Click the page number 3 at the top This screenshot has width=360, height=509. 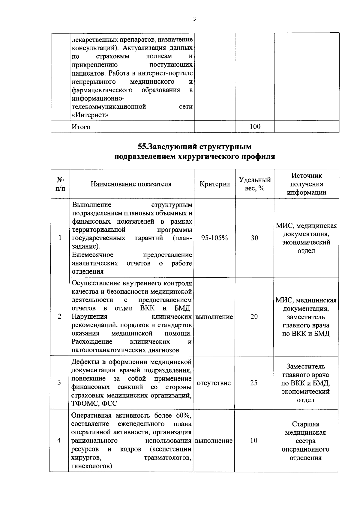click(194, 19)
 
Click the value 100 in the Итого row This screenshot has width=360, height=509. click(255, 126)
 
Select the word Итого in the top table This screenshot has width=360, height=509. click(81, 127)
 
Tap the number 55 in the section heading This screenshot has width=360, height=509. click(141, 147)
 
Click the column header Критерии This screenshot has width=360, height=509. click(215, 184)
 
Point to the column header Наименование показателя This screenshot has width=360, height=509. click(131, 184)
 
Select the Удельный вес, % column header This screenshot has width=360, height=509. click(255, 184)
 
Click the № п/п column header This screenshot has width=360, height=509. click(60, 184)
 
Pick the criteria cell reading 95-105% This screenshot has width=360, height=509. click(214, 238)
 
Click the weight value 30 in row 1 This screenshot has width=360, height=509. click(254, 238)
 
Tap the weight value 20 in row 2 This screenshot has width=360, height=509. click(254, 317)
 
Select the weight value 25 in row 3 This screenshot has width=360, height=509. click(254, 382)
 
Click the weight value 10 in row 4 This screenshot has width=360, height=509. click(254, 440)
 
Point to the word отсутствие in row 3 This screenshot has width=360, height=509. click(214, 383)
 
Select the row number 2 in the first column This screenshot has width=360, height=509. click(59, 317)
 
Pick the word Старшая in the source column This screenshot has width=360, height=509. click(305, 424)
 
